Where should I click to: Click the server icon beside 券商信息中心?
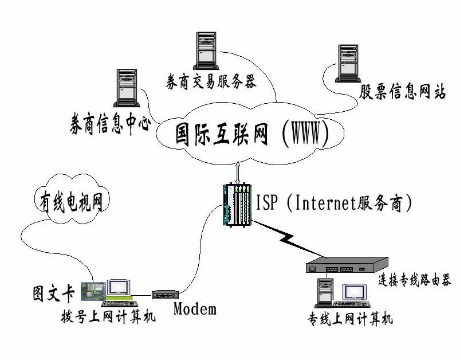tap(125, 88)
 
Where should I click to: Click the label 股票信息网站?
tap(402, 92)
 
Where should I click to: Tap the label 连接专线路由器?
tap(415, 280)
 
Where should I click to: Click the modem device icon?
tap(166, 295)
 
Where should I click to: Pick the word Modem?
tap(195, 310)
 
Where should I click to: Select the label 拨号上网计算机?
tap(108, 316)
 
